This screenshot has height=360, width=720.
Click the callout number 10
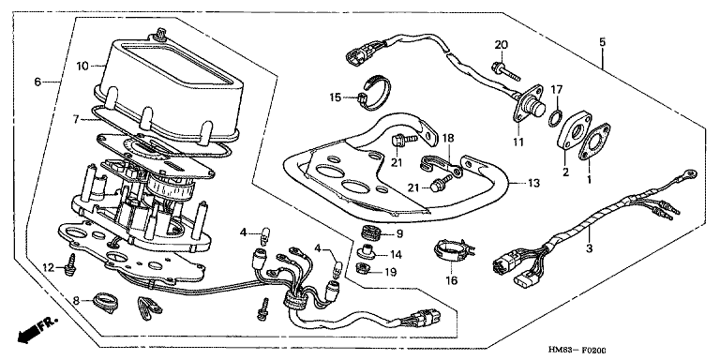coord(82,67)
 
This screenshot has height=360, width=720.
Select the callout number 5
coord(602,42)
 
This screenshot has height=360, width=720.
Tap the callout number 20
coord(502,45)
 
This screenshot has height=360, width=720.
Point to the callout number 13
coord(533,183)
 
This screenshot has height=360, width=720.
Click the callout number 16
coord(452,280)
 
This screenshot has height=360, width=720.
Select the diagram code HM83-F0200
coord(577,351)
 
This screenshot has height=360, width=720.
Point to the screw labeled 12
coord(70,265)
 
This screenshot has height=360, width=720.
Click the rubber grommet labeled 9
coord(371,232)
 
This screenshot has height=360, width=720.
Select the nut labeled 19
coord(364,267)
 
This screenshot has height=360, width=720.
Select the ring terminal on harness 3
coord(685,173)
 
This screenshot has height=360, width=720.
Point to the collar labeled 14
coord(365,251)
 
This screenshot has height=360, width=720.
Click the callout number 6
coord(37,82)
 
